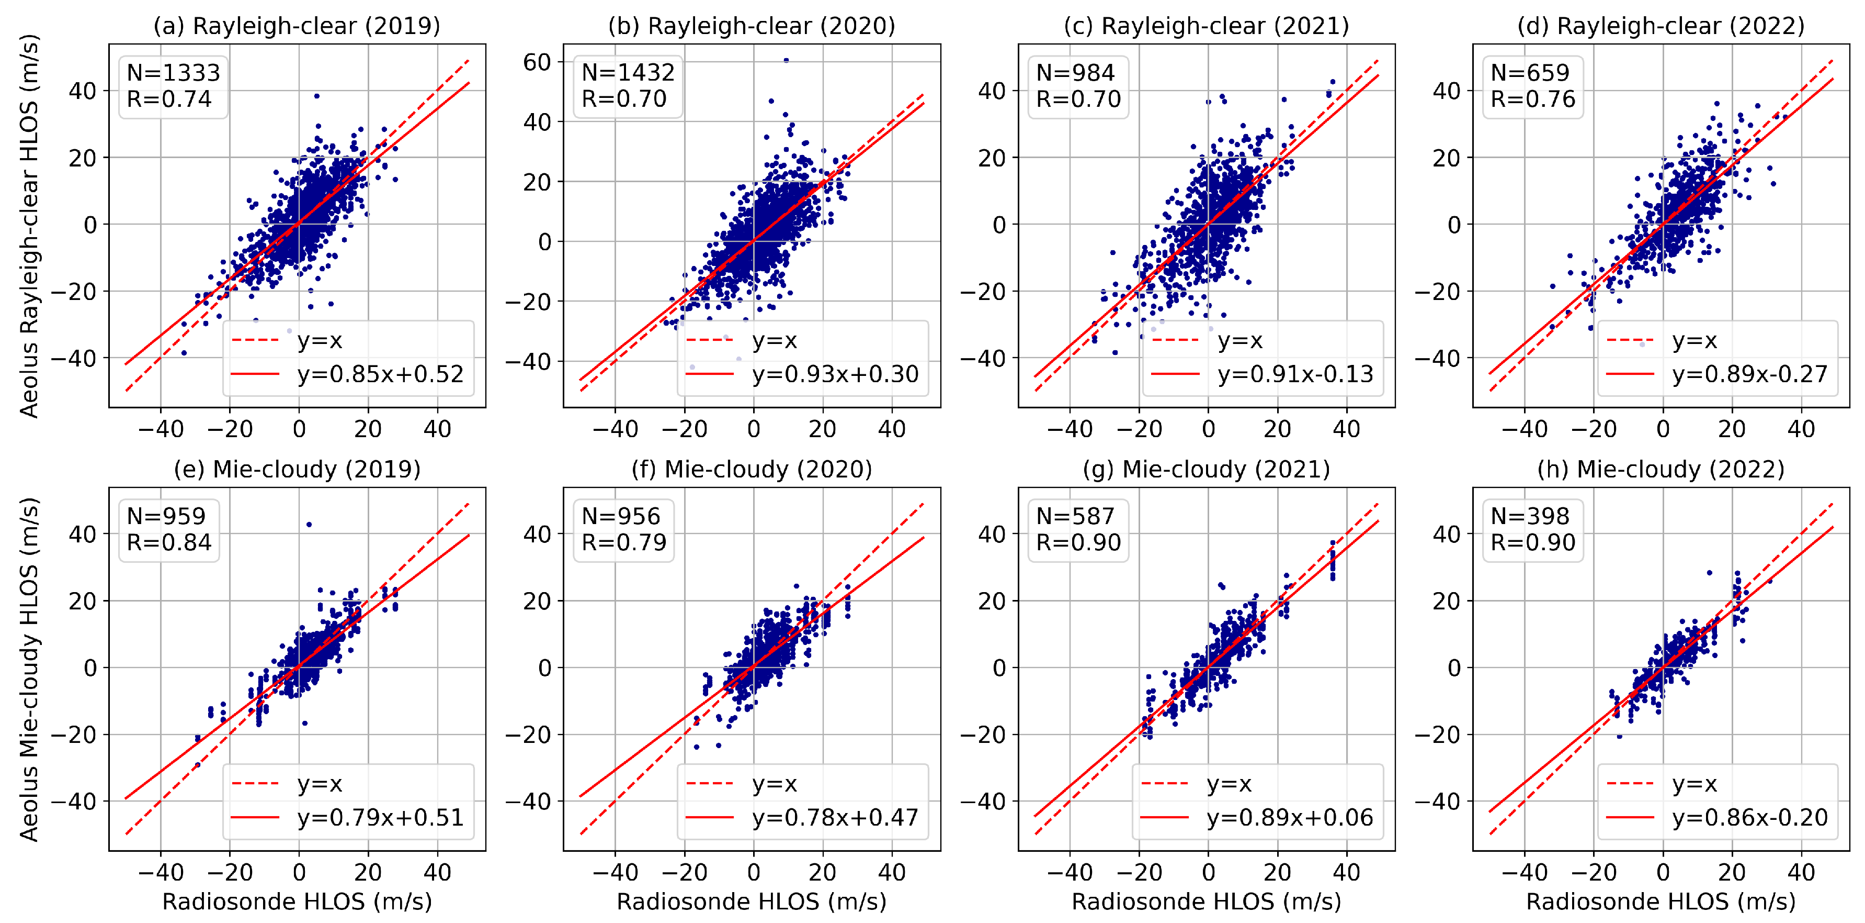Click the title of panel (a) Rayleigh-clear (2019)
click(297, 26)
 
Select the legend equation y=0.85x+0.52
click(380, 374)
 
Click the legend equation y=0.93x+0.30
click(835, 374)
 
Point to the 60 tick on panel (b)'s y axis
click(537, 62)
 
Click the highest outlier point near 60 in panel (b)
click(786, 61)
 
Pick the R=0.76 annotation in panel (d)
click(1533, 98)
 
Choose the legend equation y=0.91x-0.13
click(1295, 374)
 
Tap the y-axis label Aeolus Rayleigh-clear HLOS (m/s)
click(29, 226)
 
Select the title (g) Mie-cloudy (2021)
click(1206, 470)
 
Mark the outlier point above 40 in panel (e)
click(309, 525)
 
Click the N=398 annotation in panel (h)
click(1530, 516)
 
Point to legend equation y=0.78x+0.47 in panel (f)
click(835, 817)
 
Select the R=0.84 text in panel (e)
click(169, 542)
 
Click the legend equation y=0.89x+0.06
click(1289, 817)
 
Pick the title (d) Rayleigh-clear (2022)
click(1661, 26)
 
